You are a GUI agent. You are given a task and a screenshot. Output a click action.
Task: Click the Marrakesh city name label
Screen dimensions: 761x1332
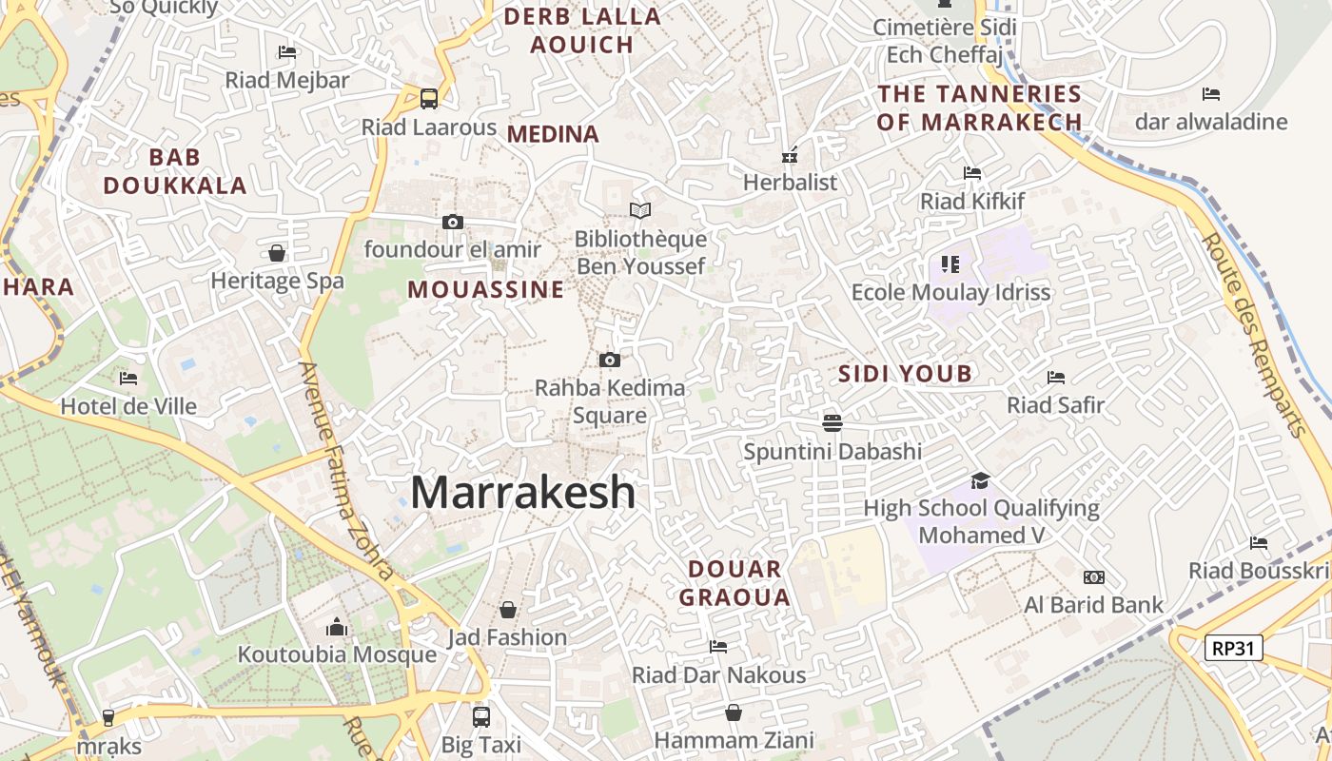click(x=522, y=493)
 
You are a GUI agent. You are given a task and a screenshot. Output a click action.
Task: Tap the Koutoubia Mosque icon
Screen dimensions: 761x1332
click(x=337, y=628)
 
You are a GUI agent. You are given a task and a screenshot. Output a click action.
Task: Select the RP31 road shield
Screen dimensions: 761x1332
click(x=1233, y=649)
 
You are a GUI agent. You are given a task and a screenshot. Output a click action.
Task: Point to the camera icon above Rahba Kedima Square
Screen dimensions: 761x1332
click(x=610, y=360)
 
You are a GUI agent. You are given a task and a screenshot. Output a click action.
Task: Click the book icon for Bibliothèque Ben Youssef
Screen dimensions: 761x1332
click(x=641, y=210)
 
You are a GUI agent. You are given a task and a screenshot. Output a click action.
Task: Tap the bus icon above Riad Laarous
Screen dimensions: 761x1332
click(x=429, y=98)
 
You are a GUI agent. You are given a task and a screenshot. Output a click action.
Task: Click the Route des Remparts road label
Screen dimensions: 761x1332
click(x=1255, y=334)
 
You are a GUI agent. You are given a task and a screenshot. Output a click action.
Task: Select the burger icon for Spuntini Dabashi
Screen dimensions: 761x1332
click(x=832, y=422)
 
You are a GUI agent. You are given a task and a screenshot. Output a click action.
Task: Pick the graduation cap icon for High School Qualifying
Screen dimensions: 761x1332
click(x=980, y=481)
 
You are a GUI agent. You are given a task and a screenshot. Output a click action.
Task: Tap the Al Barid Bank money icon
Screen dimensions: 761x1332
click(x=1094, y=577)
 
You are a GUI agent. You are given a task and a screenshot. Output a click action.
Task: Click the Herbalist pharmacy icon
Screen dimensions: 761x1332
click(x=790, y=155)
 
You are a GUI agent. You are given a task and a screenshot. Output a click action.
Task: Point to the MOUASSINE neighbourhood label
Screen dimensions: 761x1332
click(x=486, y=290)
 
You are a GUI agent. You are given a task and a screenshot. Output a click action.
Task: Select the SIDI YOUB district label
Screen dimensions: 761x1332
click(x=905, y=374)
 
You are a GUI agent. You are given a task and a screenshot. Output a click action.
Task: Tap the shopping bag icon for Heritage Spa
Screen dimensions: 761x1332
click(x=277, y=253)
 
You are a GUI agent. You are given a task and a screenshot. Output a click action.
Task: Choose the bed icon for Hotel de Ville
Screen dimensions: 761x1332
click(x=128, y=379)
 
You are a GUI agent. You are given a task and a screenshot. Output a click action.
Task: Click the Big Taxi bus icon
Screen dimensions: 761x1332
click(x=481, y=716)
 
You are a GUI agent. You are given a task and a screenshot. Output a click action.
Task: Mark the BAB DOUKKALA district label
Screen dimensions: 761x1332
click(x=175, y=171)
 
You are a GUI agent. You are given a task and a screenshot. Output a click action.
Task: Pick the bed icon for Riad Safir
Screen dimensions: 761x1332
click(x=1056, y=378)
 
